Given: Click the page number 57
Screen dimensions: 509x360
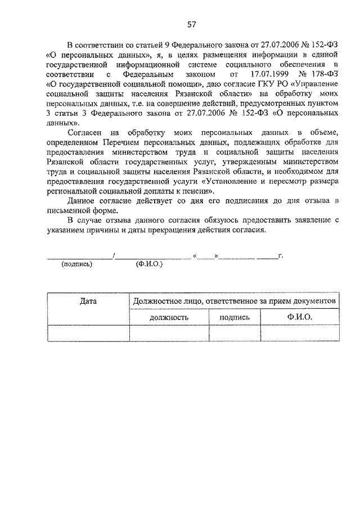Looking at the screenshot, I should point(191,25).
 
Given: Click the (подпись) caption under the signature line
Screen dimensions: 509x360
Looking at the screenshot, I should point(76,264).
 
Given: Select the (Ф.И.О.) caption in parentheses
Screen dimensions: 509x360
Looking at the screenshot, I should point(149,264).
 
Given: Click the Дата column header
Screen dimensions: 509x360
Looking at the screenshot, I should point(88,301).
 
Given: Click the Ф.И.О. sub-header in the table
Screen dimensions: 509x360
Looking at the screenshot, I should point(299,317).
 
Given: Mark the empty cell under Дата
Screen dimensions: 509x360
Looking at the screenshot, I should point(88,334).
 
